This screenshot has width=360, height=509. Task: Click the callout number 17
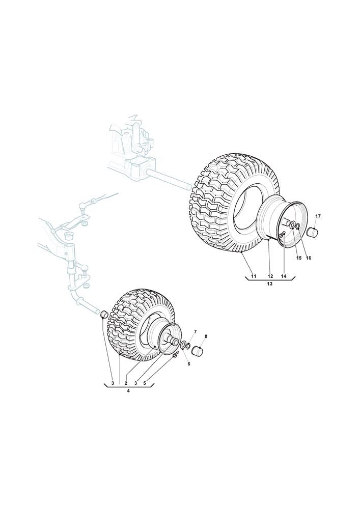click(x=318, y=216)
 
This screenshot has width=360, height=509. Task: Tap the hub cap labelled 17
click(x=313, y=232)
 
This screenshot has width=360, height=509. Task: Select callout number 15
click(x=299, y=258)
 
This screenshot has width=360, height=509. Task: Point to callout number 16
click(x=309, y=258)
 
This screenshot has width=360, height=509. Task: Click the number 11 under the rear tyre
click(x=254, y=276)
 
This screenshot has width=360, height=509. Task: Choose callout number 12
click(x=270, y=276)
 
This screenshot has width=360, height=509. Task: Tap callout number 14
click(x=284, y=276)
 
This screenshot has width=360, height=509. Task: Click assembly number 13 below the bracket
click(x=269, y=284)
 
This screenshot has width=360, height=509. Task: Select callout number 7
click(x=195, y=331)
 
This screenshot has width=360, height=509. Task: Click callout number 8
click(x=206, y=336)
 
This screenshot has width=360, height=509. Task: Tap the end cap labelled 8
click(x=198, y=351)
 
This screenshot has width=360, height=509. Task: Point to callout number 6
click(x=188, y=364)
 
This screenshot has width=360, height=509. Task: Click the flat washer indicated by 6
click(x=183, y=345)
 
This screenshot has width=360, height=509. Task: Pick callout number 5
click(x=145, y=383)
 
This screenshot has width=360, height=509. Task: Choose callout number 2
click(x=126, y=383)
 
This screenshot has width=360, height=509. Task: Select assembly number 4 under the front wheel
click(x=128, y=391)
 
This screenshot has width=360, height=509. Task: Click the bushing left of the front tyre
click(x=104, y=314)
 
